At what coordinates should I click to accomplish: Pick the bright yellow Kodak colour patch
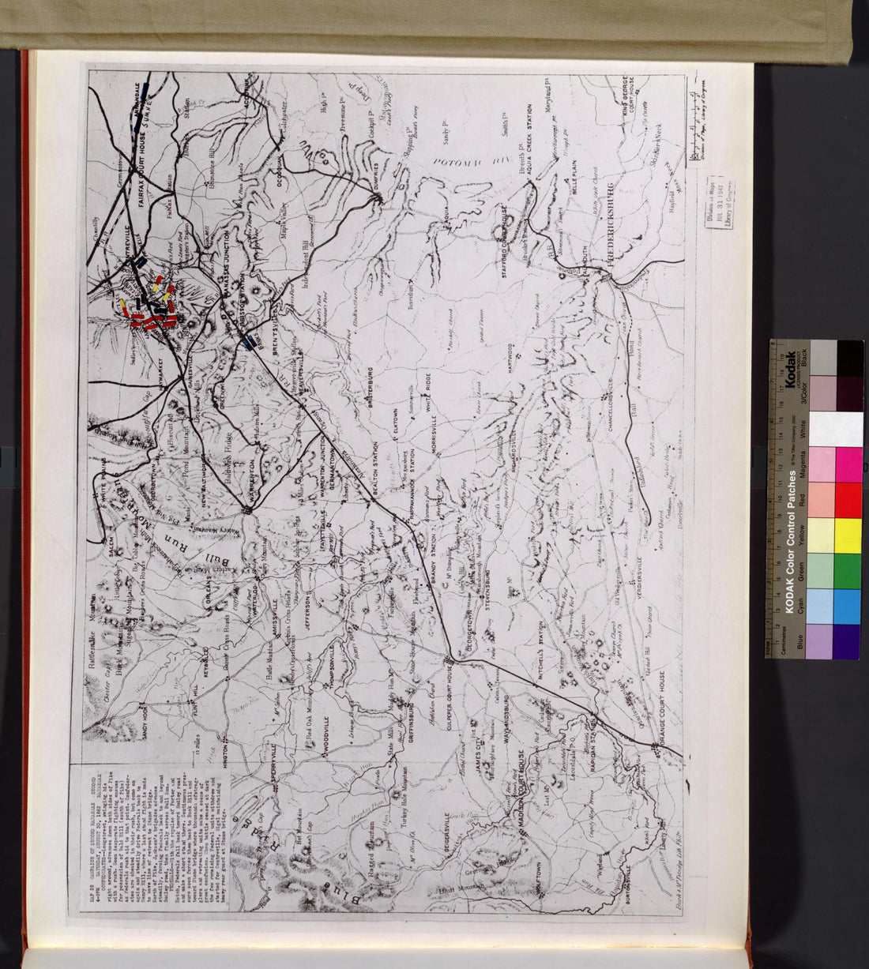point(848,537)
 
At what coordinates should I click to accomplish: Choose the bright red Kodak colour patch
point(848,500)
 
